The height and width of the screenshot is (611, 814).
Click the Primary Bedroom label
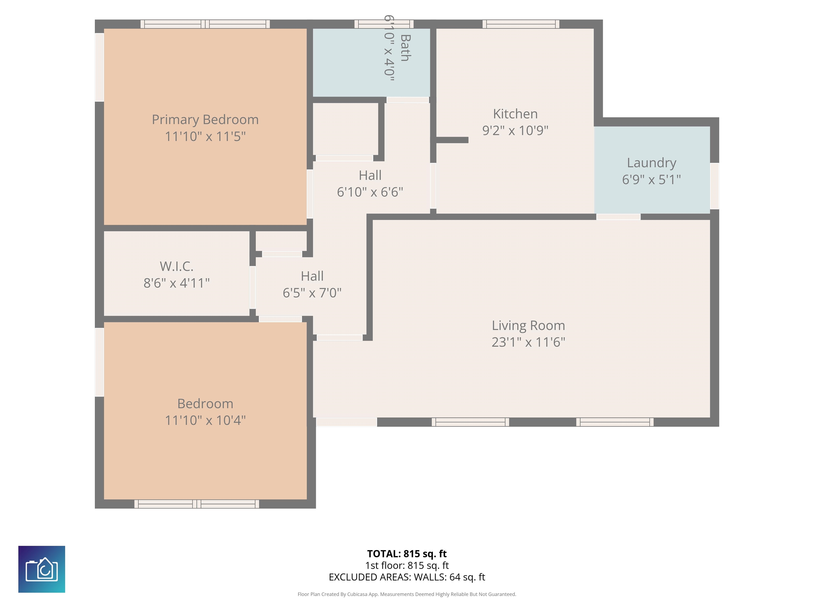(x=205, y=120)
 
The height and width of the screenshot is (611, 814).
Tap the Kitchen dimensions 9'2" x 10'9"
(x=515, y=130)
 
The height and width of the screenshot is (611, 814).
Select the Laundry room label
(x=651, y=163)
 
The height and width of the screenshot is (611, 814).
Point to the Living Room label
(x=528, y=326)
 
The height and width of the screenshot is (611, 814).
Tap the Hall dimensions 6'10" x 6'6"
(x=370, y=192)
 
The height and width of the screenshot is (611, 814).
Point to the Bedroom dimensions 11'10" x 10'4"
(x=205, y=420)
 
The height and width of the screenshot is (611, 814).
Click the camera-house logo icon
(x=42, y=569)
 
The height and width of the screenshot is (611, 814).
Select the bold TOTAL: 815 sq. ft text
(x=407, y=553)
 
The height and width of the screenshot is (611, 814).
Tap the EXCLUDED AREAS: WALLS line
(x=407, y=577)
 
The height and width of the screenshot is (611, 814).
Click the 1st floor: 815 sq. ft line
(x=407, y=565)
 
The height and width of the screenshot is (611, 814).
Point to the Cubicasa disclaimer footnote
(x=407, y=594)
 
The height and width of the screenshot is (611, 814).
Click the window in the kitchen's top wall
(x=521, y=24)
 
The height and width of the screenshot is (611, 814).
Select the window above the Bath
(x=384, y=24)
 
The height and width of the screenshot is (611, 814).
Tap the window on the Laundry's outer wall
(x=714, y=186)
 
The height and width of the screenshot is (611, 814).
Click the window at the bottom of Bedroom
(x=197, y=504)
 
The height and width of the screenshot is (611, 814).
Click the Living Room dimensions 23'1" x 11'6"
(x=528, y=342)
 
